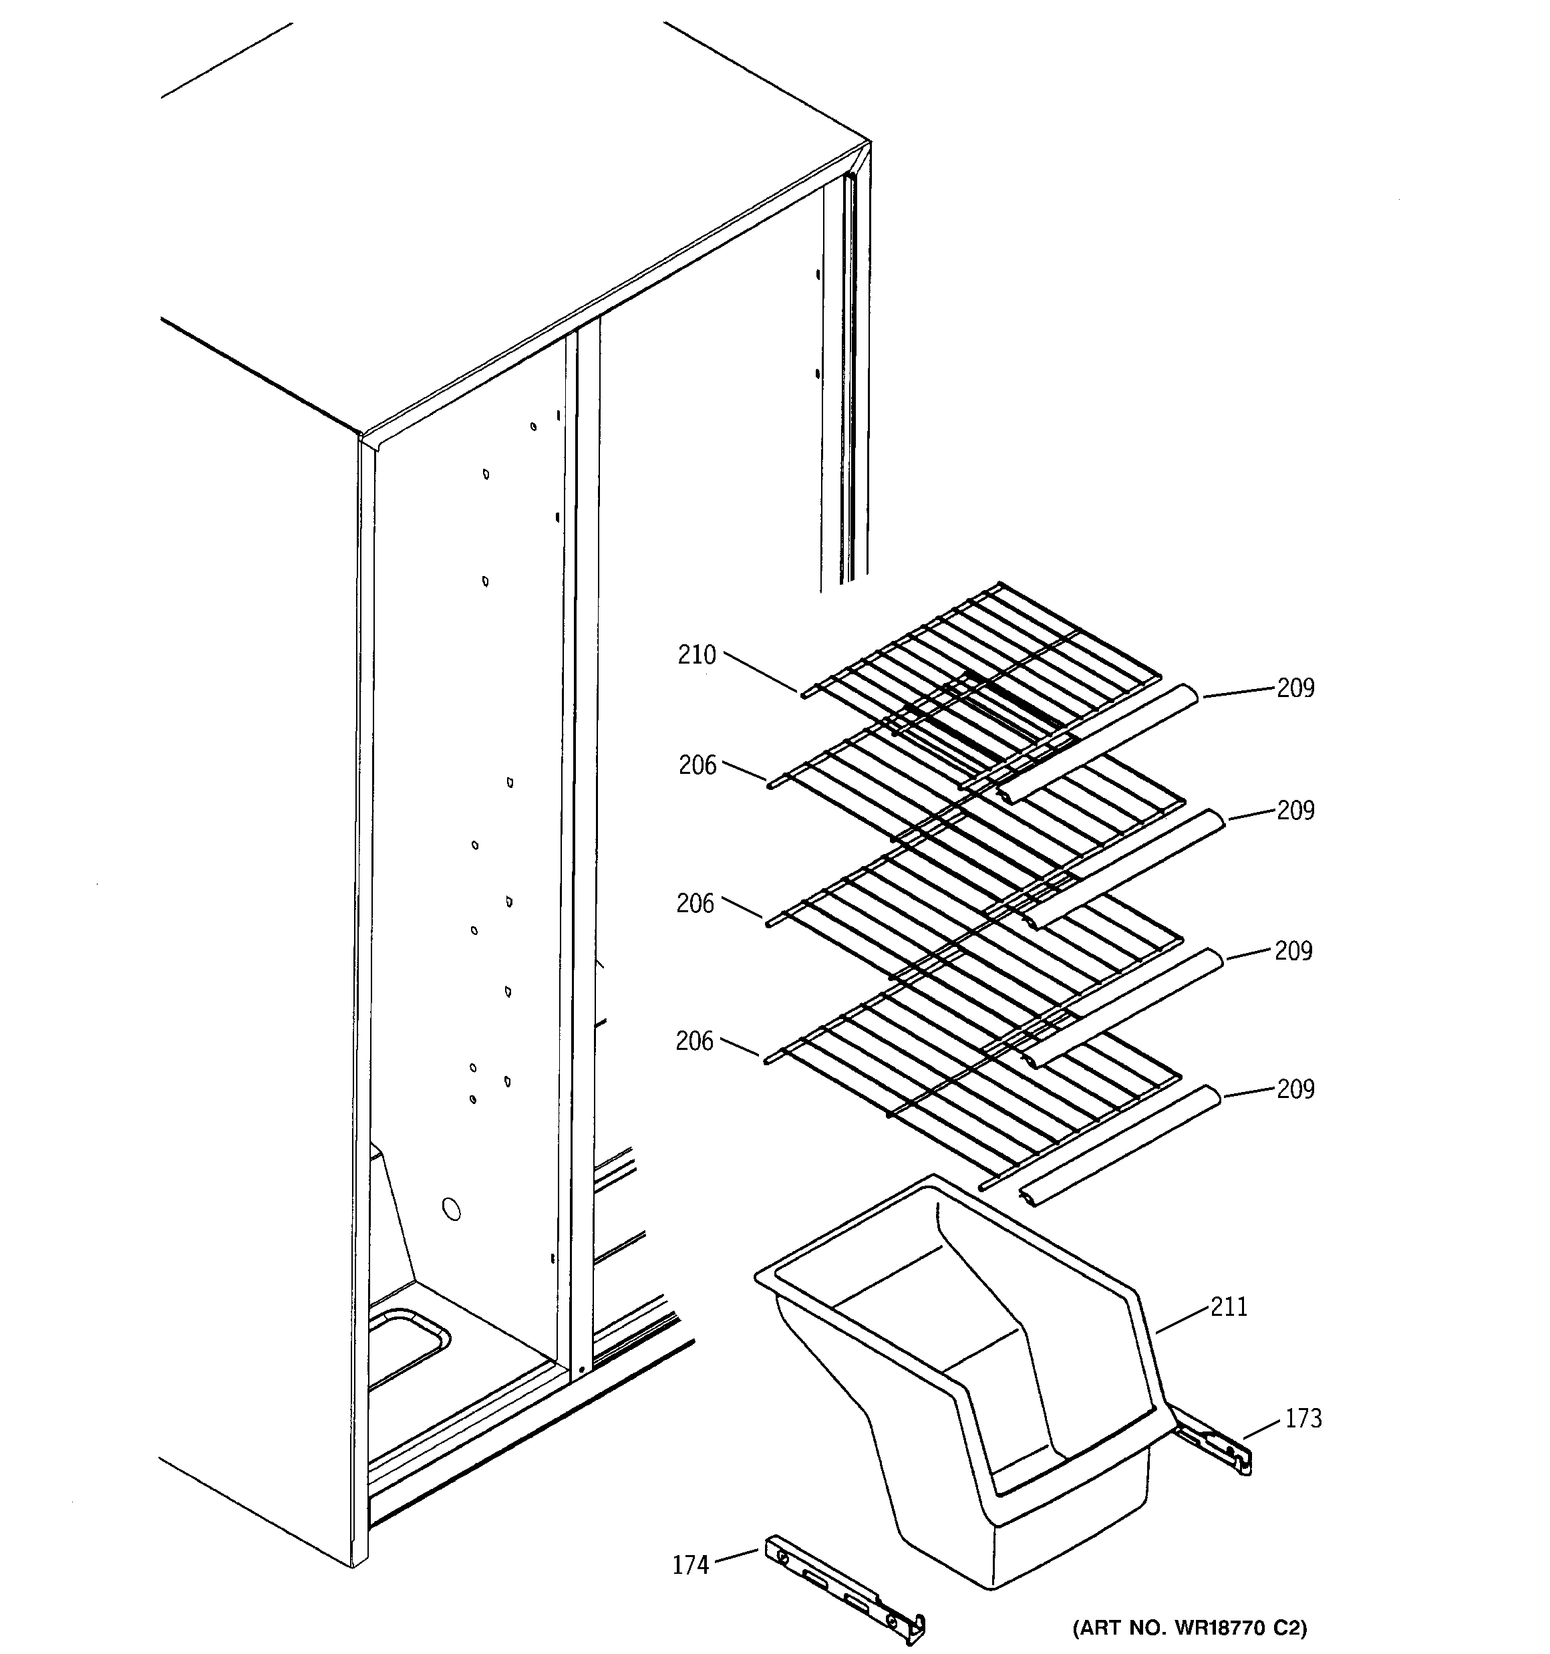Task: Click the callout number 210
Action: point(696,656)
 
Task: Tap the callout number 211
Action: point(1229,1307)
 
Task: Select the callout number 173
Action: point(1303,1419)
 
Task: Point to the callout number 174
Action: point(691,1566)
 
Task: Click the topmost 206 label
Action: point(697,765)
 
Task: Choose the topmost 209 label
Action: point(1295,688)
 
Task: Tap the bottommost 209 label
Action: point(1295,1089)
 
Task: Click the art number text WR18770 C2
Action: point(1190,1627)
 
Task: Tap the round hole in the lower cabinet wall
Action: point(451,1210)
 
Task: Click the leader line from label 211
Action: point(1181,1321)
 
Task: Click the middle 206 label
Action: point(695,904)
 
